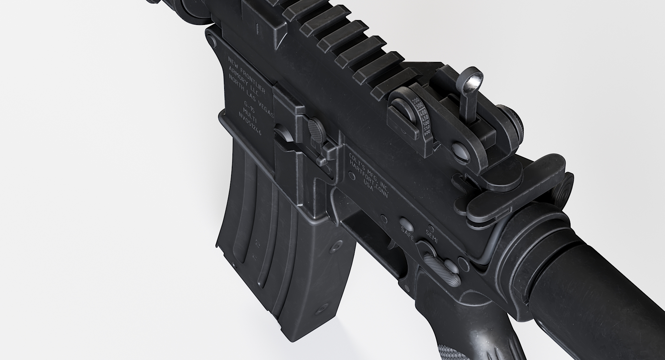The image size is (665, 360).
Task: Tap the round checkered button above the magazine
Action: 316,126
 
